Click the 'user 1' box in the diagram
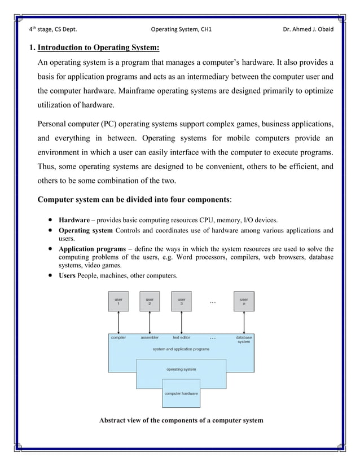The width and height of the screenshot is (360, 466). click(x=118, y=301)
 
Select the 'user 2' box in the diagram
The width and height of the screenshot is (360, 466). click(x=150, y=301)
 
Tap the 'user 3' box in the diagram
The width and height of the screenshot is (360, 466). click(x=181, y=301)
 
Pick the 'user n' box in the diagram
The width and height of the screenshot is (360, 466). click(x=244, y=301)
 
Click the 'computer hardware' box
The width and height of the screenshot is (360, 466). click(x=181, y=393)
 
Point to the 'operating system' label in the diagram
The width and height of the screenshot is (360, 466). click(x=181, y=370)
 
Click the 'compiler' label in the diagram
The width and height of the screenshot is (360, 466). click(x=118, y=337)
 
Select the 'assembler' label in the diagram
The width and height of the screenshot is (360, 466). click(x=150, y=337)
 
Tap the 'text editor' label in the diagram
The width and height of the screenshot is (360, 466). click(x=181, y=337)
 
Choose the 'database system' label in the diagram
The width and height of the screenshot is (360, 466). click(x=244, y=340)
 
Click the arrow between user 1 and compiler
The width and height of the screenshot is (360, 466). click(x=118, y=322)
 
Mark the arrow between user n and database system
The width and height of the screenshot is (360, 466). click(x=244, y=322)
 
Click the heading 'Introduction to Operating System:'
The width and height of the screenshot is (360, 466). click(x=98, y=46)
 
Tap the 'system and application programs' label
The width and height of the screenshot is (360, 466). click(x=181, y=349)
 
